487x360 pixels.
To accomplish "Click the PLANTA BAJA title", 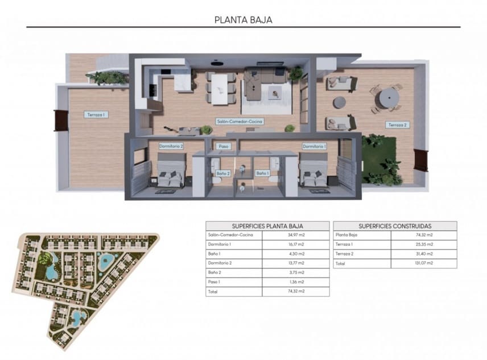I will click(x=243, y=20).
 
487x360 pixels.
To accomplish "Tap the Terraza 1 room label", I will click(x=96, y=114).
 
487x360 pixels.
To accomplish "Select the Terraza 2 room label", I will click(x=398, y=125).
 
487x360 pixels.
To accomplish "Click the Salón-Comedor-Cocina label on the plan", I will click(x=239, y=121).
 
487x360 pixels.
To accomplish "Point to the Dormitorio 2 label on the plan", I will click(x=171, y=146).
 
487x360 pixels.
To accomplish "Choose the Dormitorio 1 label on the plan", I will click(x=314, y=146).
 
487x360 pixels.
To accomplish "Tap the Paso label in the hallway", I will click(x=224, y=146).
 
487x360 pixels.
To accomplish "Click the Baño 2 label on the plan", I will click(x=224, y=173).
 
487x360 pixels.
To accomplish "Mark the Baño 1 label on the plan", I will click(x=262, y=173).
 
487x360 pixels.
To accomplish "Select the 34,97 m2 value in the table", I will click(x=295, y=234).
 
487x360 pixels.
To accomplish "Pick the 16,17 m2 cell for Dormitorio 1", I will click(x=295, y=244).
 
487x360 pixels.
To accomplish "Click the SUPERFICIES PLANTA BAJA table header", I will click(x=267, y=225).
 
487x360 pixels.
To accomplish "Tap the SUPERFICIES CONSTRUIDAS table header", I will click(x=395, y=225).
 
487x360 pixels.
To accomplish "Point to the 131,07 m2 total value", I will click(x=424, y=263).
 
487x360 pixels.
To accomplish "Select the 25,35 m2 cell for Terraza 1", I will click(x=424, y=244).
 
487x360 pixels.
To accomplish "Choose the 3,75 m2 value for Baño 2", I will click(x=295, y=272).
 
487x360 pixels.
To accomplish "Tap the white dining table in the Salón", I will click(x=221, y=85).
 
